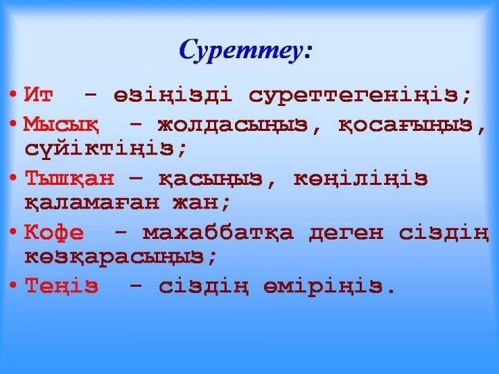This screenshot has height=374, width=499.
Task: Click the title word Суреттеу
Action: [x=245, y=51]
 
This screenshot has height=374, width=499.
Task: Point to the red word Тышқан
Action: [x=69, y=179]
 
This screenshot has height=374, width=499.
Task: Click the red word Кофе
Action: [x=54, y=233]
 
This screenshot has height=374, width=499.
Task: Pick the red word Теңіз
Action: [x=62, y=285]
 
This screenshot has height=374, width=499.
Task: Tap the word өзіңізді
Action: [x=175, y=94]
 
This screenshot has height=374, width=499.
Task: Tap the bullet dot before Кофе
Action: [x=15, y=233]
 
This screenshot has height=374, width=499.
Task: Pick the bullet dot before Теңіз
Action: [x=15, y=285]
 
